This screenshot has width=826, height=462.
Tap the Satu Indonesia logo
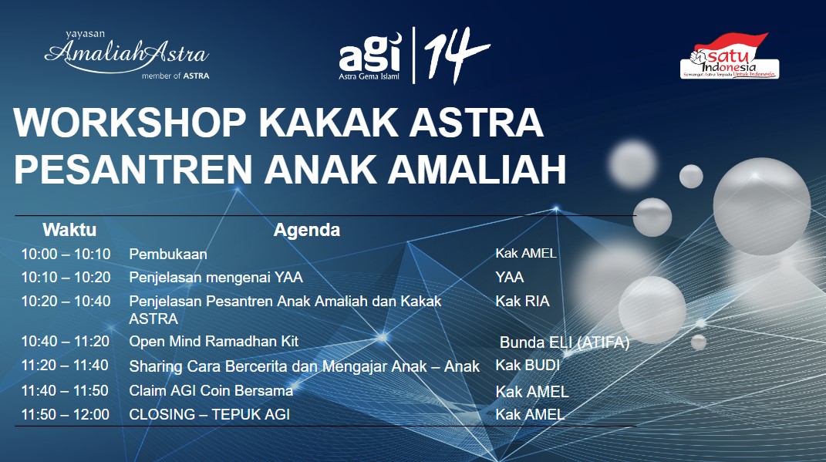(x=729, y=57)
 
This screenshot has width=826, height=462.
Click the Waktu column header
(x=69, y=229)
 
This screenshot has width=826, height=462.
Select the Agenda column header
(x=307, y=229)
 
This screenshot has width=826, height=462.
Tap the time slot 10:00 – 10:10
(x=66, y=254)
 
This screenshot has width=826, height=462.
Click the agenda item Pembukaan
(x=168, y=254)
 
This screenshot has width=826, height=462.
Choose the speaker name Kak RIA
(x=522, y=302)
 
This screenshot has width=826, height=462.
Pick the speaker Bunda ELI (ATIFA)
(x=565, y=343)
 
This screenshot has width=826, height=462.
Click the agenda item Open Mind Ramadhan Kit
(x=214, y=341)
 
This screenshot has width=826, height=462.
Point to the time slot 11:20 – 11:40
(x=65, y=366)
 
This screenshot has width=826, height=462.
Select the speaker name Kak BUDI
(x=527, y=366)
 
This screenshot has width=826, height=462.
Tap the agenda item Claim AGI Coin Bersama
(x=211, y=391)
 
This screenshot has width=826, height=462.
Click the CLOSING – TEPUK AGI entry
(x=210, y=414)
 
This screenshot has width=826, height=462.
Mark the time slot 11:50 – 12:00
(x=65, y=414)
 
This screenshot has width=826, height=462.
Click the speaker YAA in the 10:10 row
(x=509, y=277)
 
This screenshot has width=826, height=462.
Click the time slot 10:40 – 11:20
(x=65, y=341)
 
